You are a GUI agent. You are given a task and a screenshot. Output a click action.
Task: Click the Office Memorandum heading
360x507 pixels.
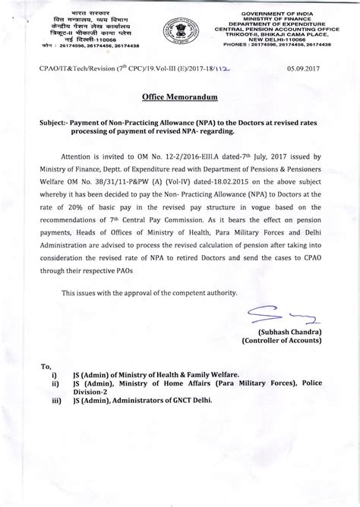click(179, 98)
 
